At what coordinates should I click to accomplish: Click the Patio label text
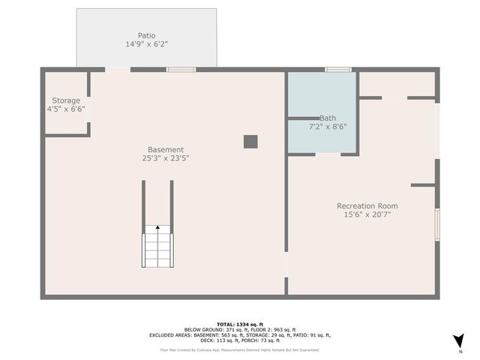[x=146, y=35]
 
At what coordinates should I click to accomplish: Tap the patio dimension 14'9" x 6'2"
[x=146, y=44]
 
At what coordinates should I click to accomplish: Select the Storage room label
[x=66, y=100]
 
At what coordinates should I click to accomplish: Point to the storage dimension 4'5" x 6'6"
[x=66, y=109]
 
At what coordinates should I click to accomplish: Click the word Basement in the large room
[x=165, y=149]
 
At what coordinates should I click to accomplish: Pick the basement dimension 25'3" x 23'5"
[x=165, y=158]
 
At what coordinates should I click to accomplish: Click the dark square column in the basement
[x=250, y=141]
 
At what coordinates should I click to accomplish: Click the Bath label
[x=328, y=118]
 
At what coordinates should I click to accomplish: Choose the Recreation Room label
[x=367, y=205]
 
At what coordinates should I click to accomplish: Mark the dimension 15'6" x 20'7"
[x=367, y=214]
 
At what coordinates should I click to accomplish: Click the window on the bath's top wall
[x=338, y=70]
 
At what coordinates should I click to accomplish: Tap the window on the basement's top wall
[x=181, y=70]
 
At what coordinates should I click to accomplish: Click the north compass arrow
[x=459, y=340]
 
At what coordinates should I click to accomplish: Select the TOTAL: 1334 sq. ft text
[x=239, y=324]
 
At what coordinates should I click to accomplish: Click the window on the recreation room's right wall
[x=437, y=225]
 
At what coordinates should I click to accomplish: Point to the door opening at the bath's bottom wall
[x=328, y=154]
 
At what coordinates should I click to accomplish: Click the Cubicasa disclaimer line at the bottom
[x=239, y=349]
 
